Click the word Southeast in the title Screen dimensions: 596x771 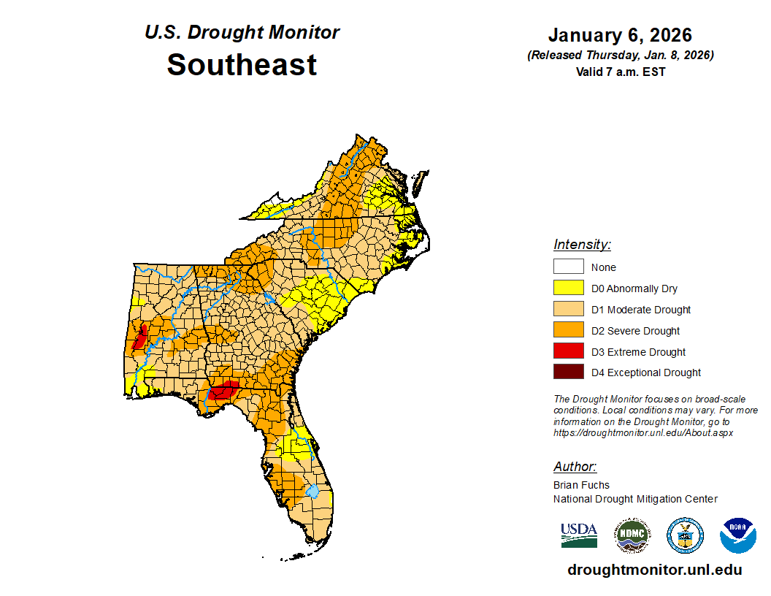(242, 65)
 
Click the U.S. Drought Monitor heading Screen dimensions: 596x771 (242, 33)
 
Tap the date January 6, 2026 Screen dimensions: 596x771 (620, 35)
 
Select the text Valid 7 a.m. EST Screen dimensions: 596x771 (620, 72)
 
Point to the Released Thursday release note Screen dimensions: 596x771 (620, 56)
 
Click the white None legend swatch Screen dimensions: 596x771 (568, 267)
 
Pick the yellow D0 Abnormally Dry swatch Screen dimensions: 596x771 (568, 289)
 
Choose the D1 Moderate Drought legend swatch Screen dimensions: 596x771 (568, 310)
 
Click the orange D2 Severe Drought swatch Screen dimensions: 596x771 (568, 331)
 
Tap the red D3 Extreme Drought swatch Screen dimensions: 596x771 (568, 351)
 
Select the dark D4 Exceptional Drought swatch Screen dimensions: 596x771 (568, 372)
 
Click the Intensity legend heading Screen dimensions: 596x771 (582, 245)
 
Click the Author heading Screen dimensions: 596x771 (575, 467)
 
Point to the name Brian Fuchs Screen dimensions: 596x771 (581, 485)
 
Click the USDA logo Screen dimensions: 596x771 (579, 535)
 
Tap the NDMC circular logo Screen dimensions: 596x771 (632, 535)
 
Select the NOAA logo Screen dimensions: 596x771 (737, 535)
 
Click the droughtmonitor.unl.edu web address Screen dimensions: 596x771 (654, 570)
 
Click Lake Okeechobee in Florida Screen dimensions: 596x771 (312, 492)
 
